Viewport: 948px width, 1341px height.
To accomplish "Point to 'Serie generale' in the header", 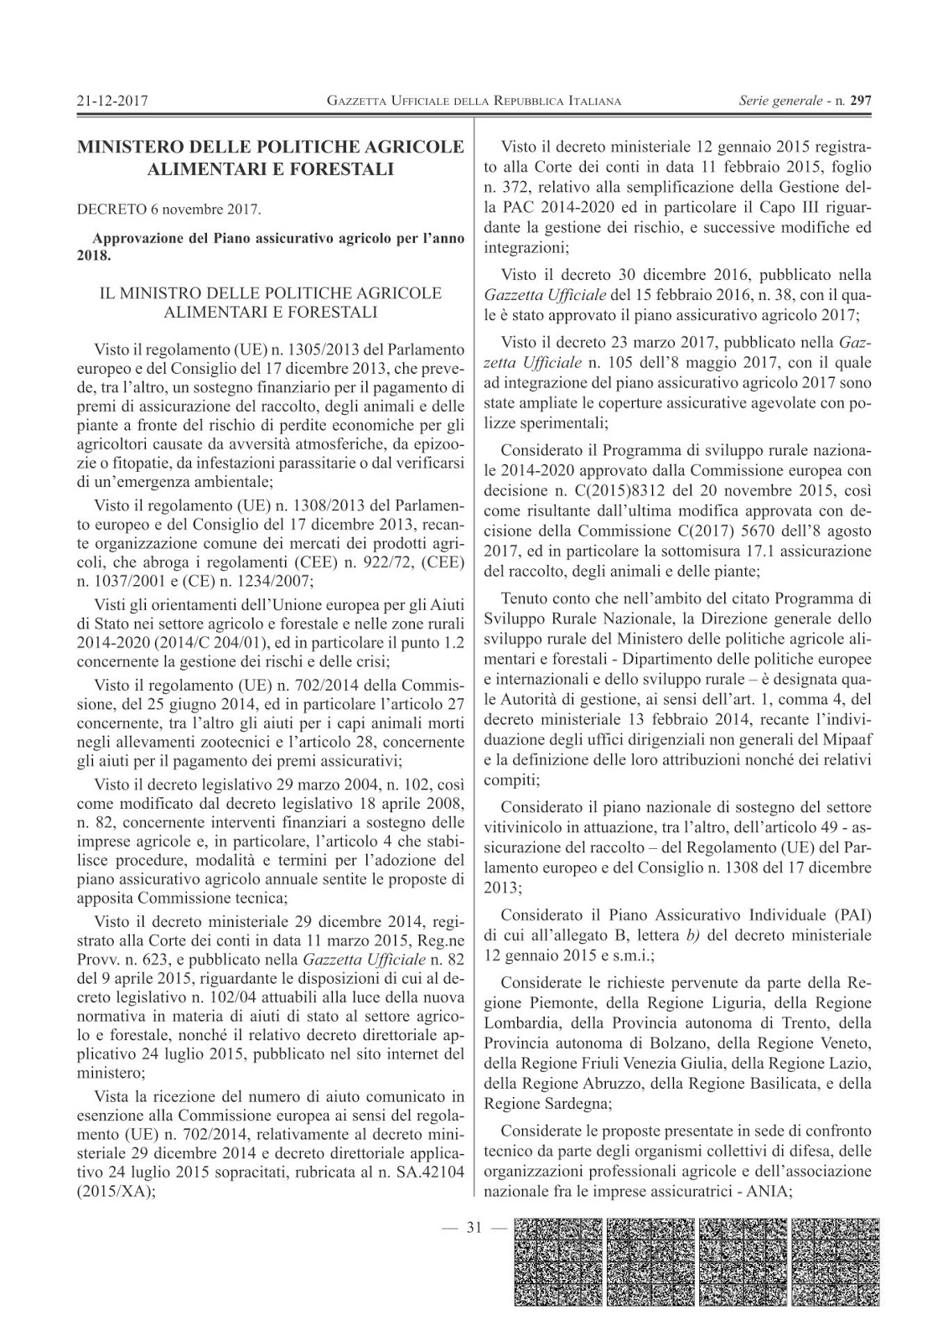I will click(x=780, y=101).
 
